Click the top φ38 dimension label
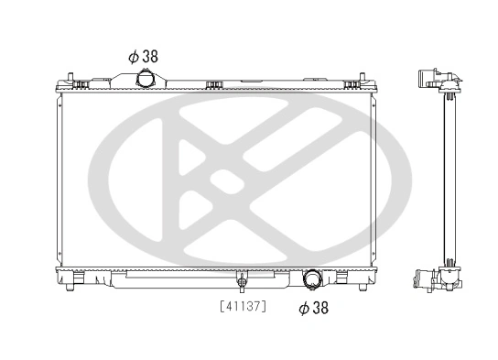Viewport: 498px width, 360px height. [143, 56]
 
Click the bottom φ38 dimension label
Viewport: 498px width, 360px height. [313, 309]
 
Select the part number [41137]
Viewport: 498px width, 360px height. [242, 305]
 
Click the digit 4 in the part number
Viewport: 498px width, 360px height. [225, 305]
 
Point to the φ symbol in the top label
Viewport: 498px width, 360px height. [133, 56]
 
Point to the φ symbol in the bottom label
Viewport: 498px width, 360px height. [303, 309]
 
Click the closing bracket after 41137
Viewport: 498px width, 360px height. [265, 305]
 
